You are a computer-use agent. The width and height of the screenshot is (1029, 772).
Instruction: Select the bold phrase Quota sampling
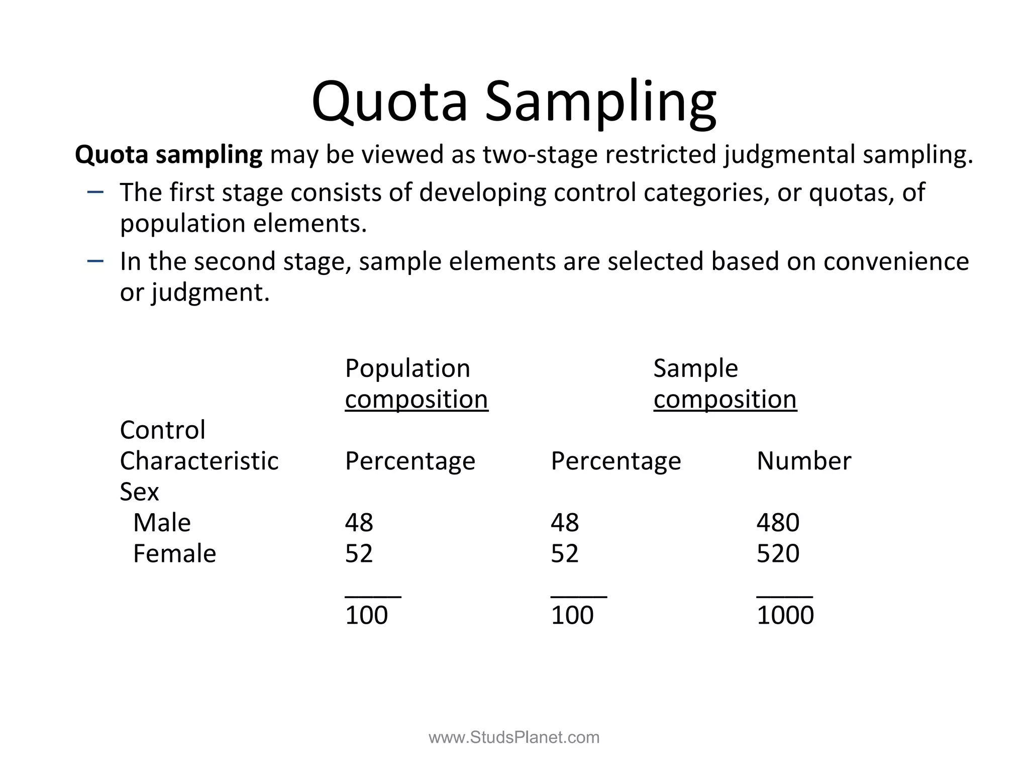[168, 154]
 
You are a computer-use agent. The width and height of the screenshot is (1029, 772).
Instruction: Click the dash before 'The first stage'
[95, 191]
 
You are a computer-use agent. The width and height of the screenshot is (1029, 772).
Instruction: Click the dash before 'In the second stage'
[95, 260]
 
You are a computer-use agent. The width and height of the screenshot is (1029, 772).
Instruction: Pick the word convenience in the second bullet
[896, 261]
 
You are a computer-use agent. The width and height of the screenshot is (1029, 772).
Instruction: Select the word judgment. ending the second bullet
[211, 293]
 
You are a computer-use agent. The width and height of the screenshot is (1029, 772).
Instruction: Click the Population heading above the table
[407, 368]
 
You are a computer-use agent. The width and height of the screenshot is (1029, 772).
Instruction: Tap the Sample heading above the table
[695, 368]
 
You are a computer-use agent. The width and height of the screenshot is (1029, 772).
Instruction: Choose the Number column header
[803, 461]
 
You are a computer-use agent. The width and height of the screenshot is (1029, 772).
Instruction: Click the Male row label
[162, 523]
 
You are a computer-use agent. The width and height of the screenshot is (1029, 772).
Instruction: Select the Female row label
[174, 554]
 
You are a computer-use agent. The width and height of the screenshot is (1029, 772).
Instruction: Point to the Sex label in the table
[139, 492]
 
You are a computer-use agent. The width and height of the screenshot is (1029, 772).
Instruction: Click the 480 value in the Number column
[778, 523]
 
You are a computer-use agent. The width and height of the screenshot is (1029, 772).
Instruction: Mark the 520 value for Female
[778, 554]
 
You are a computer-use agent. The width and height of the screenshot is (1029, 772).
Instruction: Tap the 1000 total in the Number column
[785, 615]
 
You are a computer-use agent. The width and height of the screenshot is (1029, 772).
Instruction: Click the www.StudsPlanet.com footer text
[514, 737]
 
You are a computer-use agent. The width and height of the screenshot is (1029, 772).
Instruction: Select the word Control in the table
[162, 430]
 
